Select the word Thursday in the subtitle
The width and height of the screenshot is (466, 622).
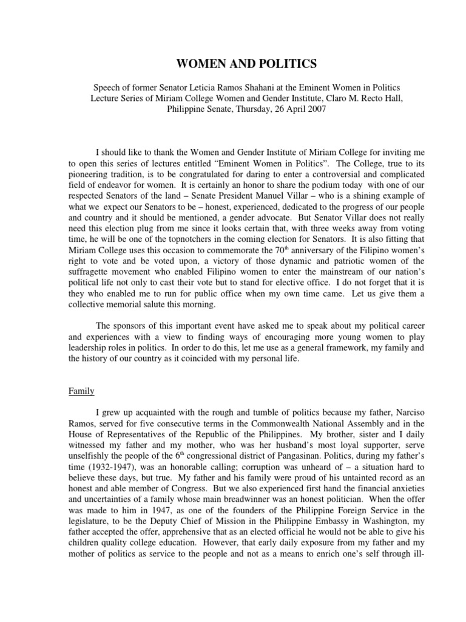pos(230,111)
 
